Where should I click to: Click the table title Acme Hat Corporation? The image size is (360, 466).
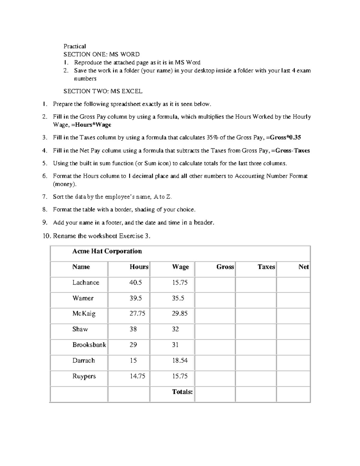coord(107,251)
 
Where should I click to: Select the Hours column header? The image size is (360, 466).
coord(139,267)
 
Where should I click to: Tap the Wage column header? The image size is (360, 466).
coord(180,267)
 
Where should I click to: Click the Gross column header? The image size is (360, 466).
coord(225,267)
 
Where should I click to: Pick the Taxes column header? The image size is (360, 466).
coord(266,267)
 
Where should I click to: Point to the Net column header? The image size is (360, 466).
coord(303,267)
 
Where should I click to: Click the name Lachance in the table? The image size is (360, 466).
coord(85,282)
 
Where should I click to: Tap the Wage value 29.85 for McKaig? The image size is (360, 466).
coord(180,314)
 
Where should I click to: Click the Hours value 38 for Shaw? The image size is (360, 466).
coord(133,329)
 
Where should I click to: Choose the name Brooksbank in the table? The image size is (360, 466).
coord(89,345)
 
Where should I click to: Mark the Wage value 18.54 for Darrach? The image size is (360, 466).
coord(180,360)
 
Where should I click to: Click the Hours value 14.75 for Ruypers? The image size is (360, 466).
coord(137,376)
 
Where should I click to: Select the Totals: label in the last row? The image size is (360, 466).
coord(182,392)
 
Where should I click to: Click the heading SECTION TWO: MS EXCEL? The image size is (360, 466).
coord(103,91)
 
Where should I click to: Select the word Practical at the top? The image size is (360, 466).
coord(74,46)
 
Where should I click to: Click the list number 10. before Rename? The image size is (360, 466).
coord(47,236)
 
